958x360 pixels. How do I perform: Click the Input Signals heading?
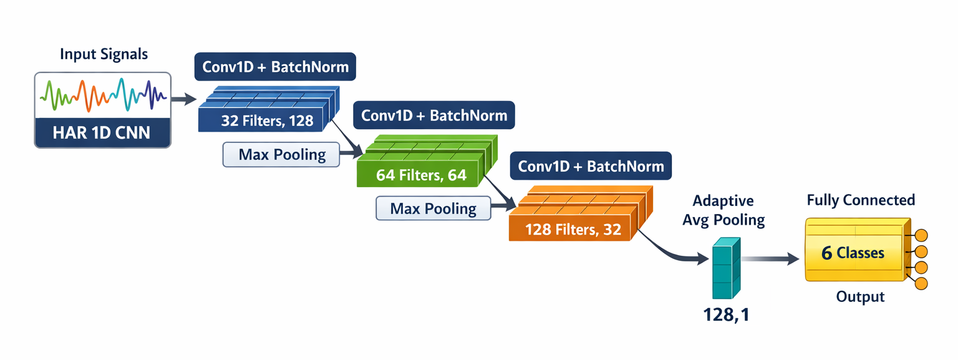[104, 54]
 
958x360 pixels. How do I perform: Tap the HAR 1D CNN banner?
[102, 132]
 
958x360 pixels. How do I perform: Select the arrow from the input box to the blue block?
[182, 99]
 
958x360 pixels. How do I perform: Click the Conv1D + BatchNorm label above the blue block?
[275, 67]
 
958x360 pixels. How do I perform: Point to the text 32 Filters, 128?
[267, 121]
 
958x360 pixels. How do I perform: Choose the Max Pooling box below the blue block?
[281, 155]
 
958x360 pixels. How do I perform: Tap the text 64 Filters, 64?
[421, 175]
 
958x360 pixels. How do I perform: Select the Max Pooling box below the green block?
[433, 208]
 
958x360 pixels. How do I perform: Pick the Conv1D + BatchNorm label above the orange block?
[591, 167]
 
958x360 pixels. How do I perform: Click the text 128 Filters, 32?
[573, 230]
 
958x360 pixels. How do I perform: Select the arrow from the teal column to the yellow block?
[771, 259]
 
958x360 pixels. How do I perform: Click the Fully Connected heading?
[861, 200]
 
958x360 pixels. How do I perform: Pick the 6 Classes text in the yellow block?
[853, 253]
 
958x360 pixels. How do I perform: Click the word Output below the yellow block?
[860, 296]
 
